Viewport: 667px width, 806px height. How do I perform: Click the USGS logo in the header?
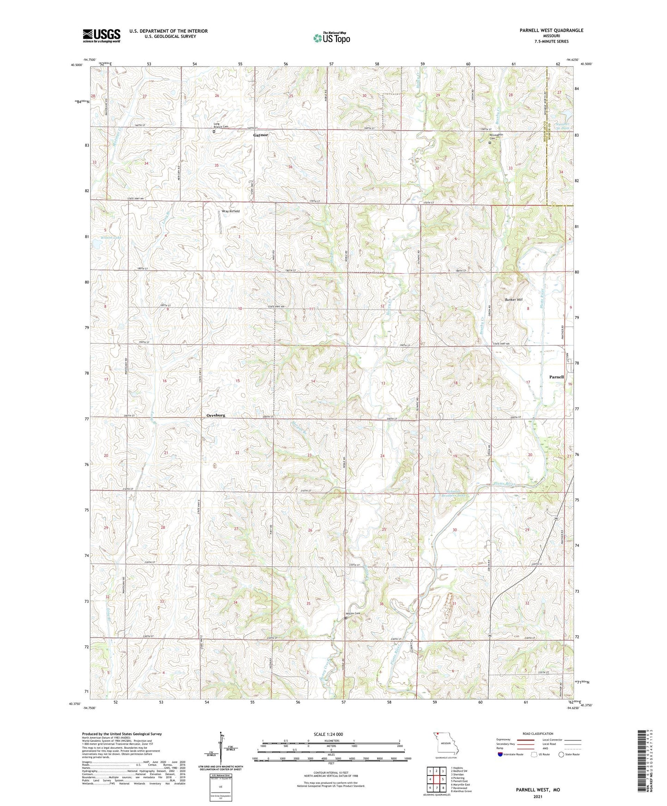(102, 36)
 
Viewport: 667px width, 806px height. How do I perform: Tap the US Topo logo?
(331, 38)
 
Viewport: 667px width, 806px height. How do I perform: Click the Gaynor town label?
(260, 135)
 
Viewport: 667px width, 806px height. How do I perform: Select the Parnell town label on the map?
(556, 377)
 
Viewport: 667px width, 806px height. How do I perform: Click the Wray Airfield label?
(231, 211)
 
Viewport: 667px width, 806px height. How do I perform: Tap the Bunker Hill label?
(513, 300)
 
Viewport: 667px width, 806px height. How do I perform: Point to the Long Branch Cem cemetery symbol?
(214, 131)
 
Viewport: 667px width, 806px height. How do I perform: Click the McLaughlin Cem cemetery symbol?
(490, 143)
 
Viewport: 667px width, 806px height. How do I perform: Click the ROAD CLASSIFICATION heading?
(539, 734)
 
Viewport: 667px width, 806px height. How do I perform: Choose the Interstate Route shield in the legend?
(500, 755)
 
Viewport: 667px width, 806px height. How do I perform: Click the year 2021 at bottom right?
(538, 797)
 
